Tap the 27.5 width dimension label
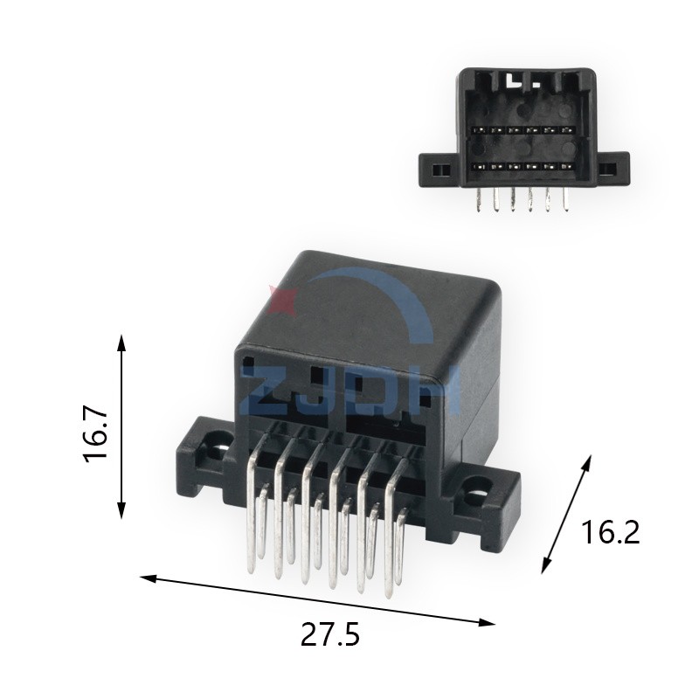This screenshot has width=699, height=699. [x=330, y=634]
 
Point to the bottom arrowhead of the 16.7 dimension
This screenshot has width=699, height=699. [x=121, y=510]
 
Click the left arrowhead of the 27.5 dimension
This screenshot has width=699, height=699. [x=149, y=578]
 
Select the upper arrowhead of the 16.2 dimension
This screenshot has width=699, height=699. [x=587, y=463]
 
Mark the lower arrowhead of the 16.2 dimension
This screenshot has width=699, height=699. [x=546, y=565]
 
